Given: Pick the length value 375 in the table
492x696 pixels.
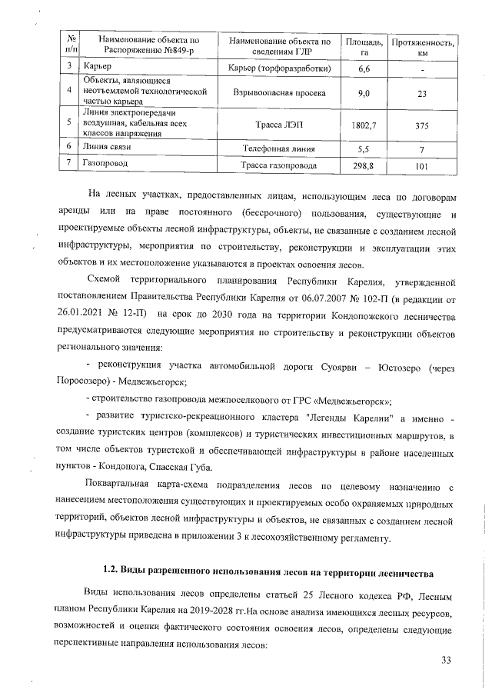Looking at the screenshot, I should (x=422, y=123).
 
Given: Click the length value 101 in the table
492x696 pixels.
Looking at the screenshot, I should (x=422, y=165).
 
